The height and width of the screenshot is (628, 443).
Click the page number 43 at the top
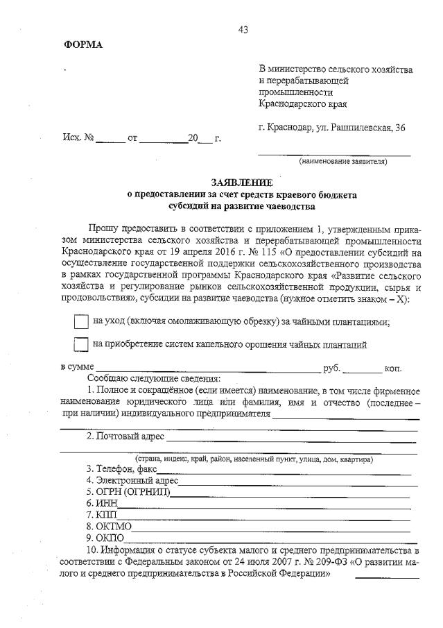point(242,29)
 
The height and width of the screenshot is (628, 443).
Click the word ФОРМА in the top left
point(83,45)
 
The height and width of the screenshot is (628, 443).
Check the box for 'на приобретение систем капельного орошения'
point(81,344)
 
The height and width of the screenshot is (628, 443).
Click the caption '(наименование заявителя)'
point(343,162)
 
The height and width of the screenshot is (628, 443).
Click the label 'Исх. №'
point(78,138)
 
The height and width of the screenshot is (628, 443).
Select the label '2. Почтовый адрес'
point(125,436)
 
